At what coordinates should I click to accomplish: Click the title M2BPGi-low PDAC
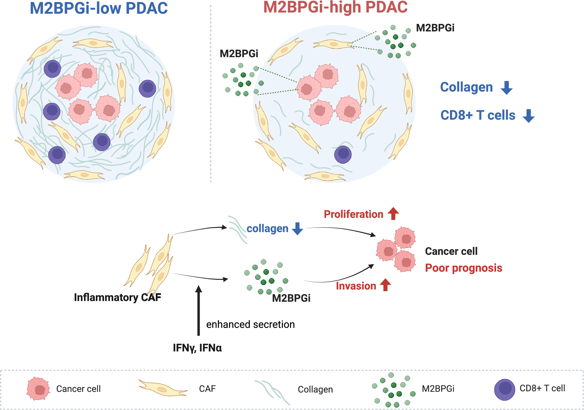99,8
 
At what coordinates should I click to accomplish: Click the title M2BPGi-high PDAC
335,7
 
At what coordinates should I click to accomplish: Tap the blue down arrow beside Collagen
506,88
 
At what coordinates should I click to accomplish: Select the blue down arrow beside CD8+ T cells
528,116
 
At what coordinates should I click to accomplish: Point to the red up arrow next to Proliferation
393,213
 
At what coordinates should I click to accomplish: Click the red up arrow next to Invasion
385,285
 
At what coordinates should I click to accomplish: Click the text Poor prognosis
463,268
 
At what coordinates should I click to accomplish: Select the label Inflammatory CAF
117,297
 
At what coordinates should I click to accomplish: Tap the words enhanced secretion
250,324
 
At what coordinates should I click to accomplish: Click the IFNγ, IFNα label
197,348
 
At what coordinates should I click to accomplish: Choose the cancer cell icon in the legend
38,389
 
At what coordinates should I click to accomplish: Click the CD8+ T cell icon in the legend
504,389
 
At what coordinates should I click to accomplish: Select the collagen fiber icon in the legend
272,391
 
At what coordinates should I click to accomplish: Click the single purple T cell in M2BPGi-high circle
343,154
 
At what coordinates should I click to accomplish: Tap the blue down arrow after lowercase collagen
297,228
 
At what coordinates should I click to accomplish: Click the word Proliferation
353,214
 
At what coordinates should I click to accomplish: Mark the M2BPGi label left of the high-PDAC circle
239,54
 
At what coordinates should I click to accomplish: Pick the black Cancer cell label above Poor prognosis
451,251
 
